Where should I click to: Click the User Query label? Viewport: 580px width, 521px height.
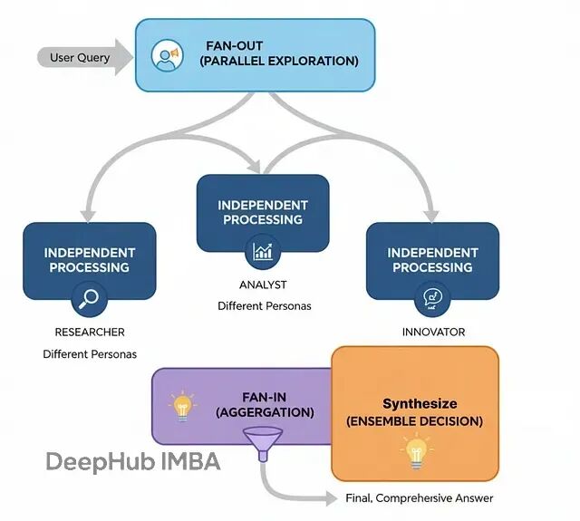(x=80, y=58)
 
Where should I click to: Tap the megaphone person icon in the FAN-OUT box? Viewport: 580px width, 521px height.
(x=165, y=54)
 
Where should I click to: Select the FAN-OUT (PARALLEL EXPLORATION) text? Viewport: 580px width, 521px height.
(x=278, y=53)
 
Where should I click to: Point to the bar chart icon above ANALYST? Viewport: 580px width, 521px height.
(x=263, y=251)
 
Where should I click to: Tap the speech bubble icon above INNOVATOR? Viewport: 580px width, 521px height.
(x=431, y=297)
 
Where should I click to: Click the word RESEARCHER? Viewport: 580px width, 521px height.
(x=90, y=333)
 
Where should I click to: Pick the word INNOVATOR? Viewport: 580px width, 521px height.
(x=433, y=333)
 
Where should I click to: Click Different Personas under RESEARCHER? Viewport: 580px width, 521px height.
(x=90, y=354)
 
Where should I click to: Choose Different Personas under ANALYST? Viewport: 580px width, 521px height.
(x=264, y=306)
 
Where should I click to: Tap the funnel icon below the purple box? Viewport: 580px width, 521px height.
(x=264, y=446)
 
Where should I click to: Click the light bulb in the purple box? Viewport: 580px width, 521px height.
(x=183, y=406)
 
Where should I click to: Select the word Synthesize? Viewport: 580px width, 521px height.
(x=420, y=404)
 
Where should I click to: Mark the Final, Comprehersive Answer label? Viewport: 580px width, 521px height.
(x=420, y=498)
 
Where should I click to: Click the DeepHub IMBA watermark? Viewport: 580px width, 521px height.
(x=133, y=461)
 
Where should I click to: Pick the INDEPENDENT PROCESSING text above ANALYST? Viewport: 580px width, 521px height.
(x=263, y=212)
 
